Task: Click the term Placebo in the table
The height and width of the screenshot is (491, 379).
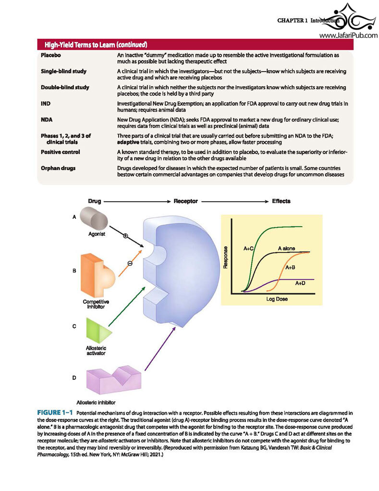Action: click(x=51, y=55)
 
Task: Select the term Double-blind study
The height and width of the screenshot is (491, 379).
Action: click(x=65, y=87)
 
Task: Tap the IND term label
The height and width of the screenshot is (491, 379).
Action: click(x=46, y=104)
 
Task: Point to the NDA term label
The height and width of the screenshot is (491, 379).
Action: click(x=47, y=120)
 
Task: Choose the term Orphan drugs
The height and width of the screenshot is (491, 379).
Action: click(x=58, y=168)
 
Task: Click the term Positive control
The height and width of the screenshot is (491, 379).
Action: click(x=60, y=152)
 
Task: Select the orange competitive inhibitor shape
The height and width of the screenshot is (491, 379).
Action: click(x=98, y=275)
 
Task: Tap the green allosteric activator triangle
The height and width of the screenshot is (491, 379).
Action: click(x=99, y=331)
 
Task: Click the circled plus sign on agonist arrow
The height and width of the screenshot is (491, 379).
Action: click(x=125, y=236)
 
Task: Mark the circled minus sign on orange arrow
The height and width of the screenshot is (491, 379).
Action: click(x=130, y=263)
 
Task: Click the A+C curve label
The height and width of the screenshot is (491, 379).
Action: click(x=249, y=248)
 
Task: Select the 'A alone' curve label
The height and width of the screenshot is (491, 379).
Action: click(x=286, y=248)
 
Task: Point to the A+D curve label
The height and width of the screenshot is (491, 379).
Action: click(x=300, y=283)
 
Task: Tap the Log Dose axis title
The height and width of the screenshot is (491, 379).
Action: click(x=277, y=299)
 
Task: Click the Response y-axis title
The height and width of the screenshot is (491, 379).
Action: click(x=225, y=257)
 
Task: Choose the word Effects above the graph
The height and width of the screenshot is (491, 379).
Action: click(x=281, y=201)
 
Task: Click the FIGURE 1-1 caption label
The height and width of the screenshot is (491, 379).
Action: click(x=55, y=413)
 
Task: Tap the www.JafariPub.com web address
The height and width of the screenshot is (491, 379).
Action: click(x=349, y=36)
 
